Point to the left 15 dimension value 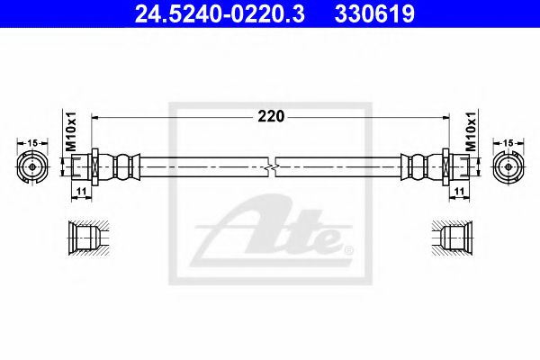pos(32,143)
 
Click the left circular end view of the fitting pos(32,167)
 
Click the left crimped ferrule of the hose pos(125,167)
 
